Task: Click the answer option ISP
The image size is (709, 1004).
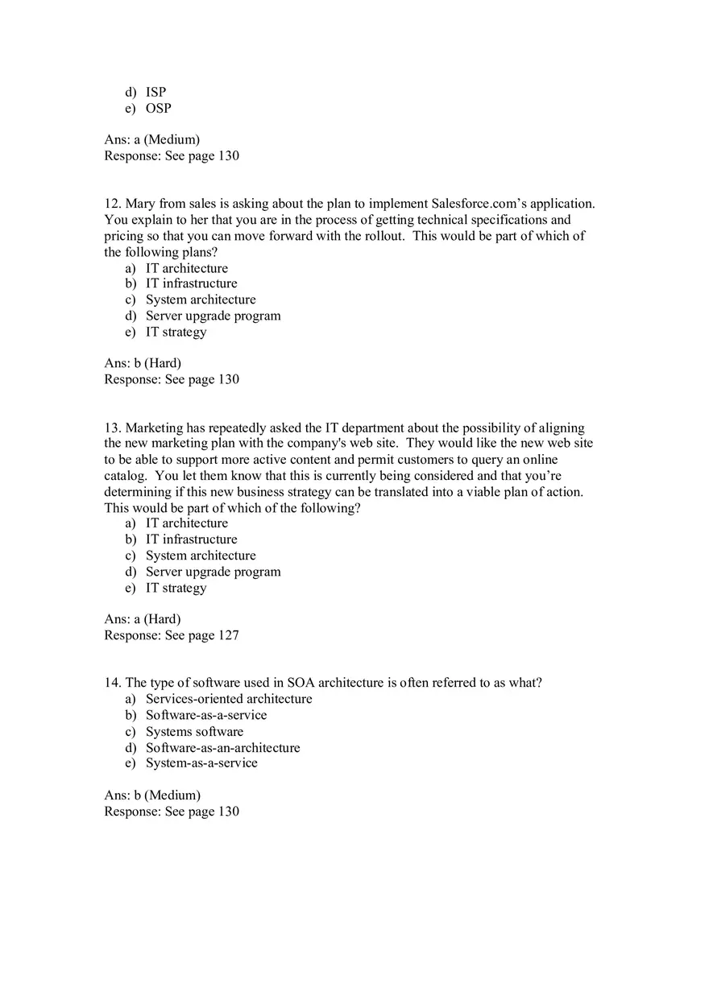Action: (x=155, y=92)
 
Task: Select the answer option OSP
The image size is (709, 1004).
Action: (x=158, y=108)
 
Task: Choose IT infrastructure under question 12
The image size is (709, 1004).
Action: (x=191, y=283)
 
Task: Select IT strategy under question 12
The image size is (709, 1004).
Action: (x=176, y=332)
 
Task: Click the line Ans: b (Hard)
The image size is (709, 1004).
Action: (x=143, y=363)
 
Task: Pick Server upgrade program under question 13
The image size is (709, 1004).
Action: (x=213, y=572)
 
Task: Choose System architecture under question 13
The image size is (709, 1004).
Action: (x=201, y=556)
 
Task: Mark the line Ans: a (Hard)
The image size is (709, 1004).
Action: (x=143, y=619)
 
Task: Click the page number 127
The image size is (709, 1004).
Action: (x=229, y=635)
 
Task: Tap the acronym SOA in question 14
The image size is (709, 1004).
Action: (x=301, y=683)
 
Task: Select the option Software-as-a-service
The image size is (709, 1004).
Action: (x=205, y=715)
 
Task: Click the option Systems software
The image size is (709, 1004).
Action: (x=194, y=732)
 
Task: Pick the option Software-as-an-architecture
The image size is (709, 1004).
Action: (x=222, y=747)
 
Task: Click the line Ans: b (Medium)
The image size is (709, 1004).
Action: (x=152, y=795)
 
